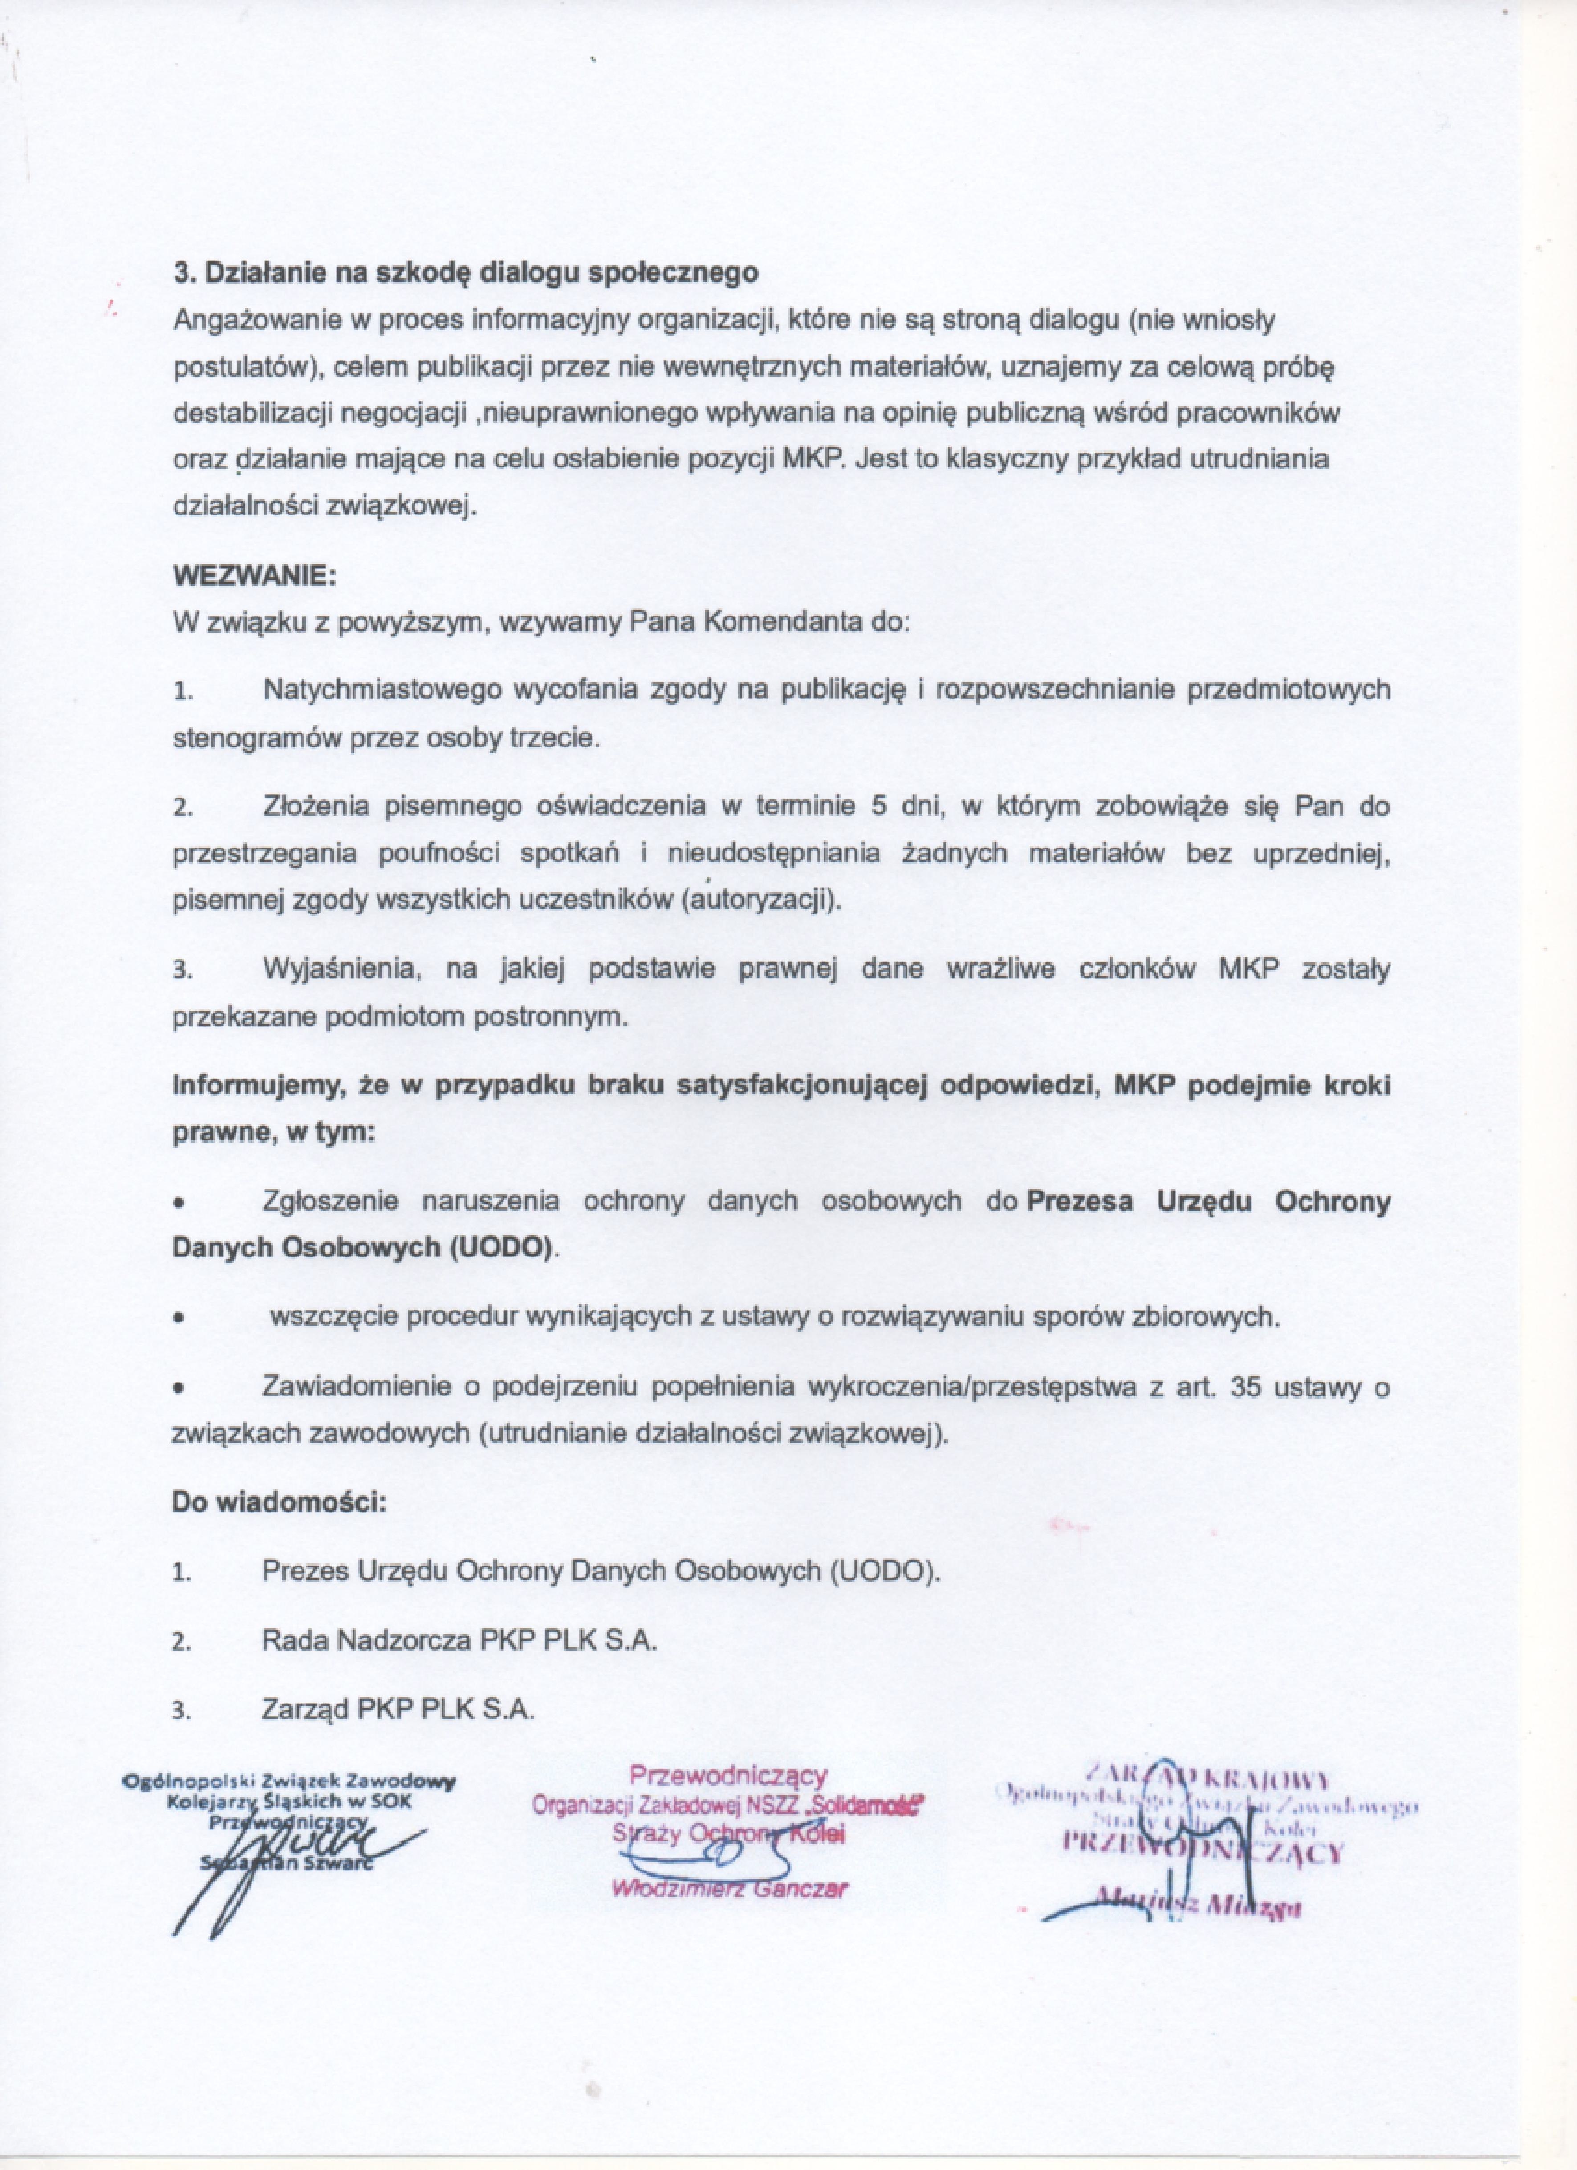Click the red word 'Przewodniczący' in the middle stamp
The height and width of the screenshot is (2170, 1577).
727,1776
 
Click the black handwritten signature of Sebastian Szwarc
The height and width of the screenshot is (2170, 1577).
287,1851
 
